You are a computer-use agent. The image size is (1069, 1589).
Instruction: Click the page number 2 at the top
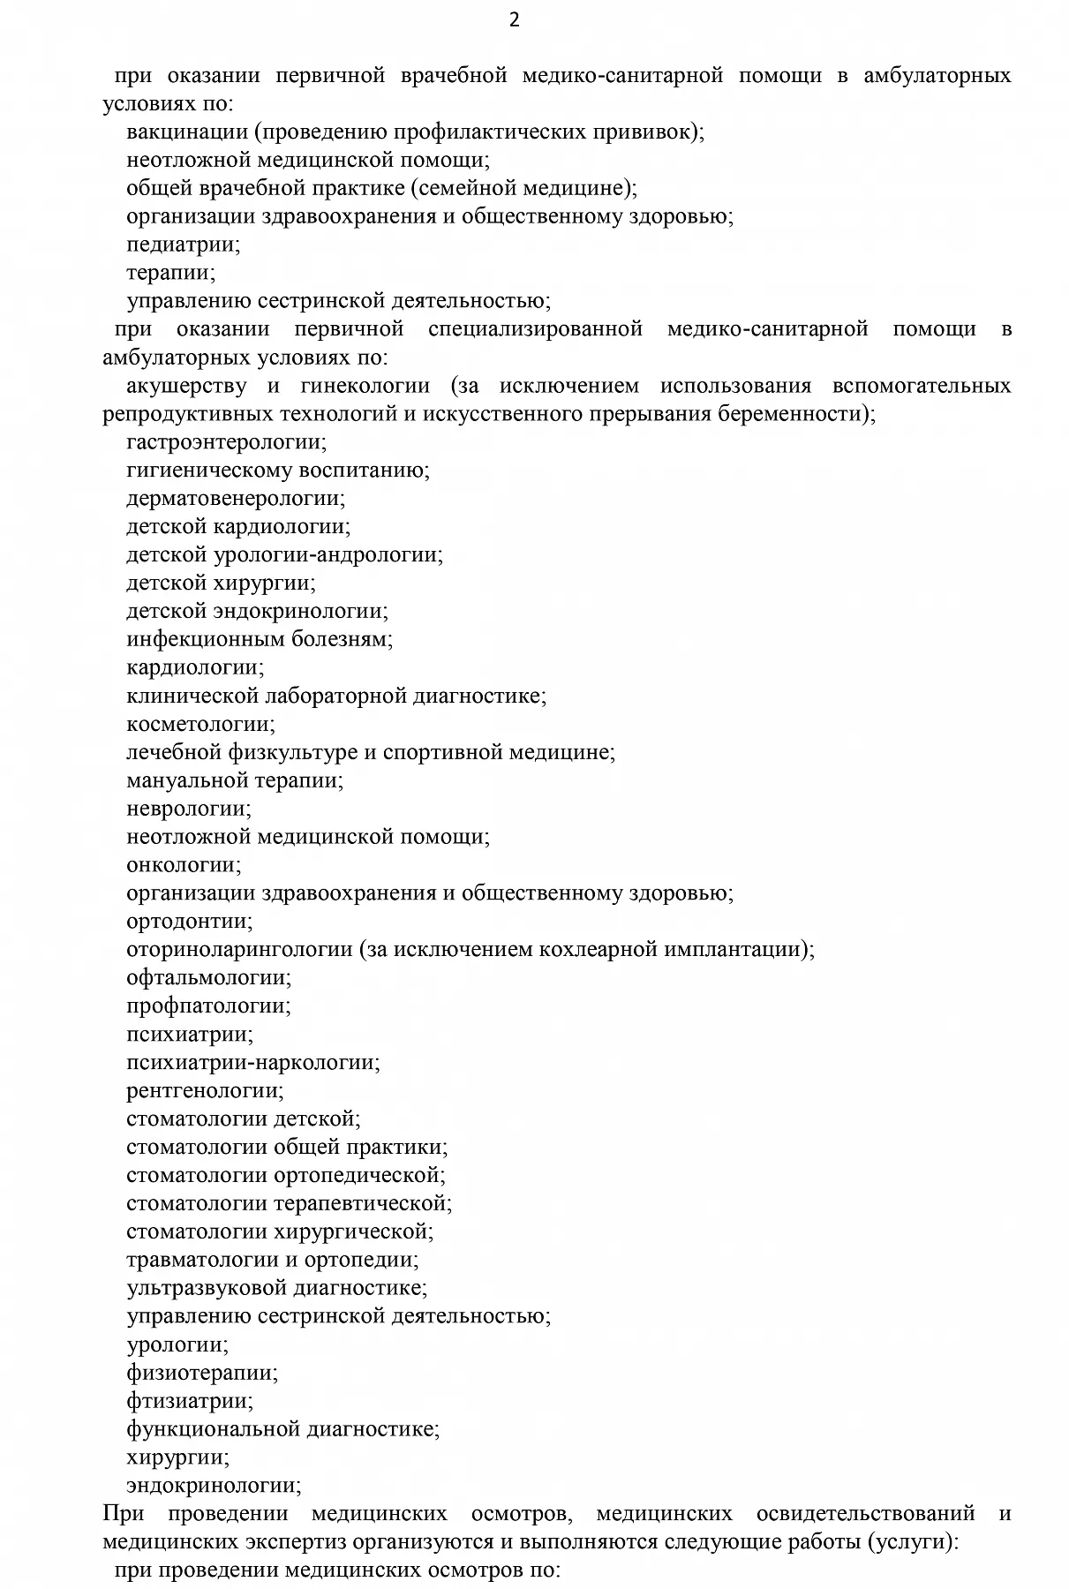(x=515, y=20)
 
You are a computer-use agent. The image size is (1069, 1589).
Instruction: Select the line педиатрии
(x=183, y=245)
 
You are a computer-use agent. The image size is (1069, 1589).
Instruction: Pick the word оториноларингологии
(x=239, y=950)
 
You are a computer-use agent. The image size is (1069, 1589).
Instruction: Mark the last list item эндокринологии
(x=213, y=1486)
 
